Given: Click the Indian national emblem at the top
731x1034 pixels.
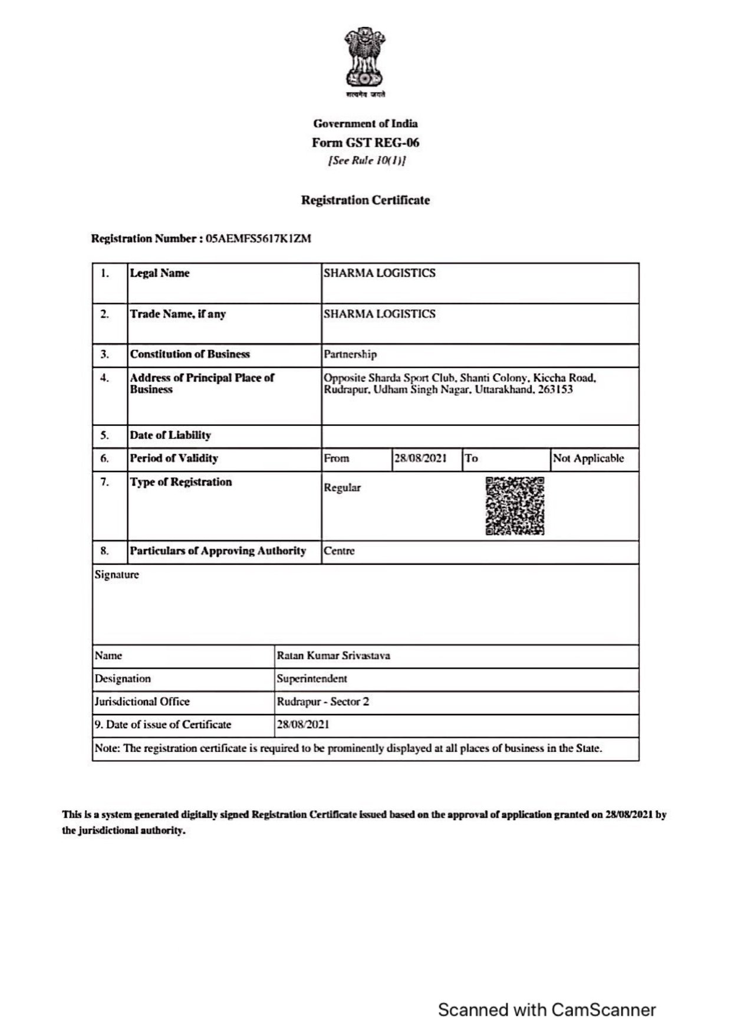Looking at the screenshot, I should (x=365, y=59).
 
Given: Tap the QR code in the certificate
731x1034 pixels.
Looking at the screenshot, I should (x=515, y=506).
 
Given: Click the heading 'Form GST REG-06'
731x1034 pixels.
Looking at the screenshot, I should (x=365, y=143).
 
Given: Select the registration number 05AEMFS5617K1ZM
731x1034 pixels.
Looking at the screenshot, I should (x=258, y=239).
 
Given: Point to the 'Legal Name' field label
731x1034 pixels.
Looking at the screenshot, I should (x=160, y=273).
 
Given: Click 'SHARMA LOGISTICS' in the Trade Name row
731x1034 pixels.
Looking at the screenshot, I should (x=380, y=314).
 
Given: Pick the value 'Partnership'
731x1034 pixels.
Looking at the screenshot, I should (x=350, y=355).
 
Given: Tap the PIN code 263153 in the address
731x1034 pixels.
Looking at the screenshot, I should (x=555, y=389).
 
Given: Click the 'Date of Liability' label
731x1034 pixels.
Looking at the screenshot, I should (x=170, y=435).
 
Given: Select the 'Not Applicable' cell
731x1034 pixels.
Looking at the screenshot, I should (x=588, y=458).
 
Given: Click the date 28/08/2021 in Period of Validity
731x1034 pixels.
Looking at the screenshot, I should (x=420, y=458).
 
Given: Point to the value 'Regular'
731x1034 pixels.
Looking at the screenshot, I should (x=342, y=488).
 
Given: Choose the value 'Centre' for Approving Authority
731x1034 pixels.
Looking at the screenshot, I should (x=339, y=551).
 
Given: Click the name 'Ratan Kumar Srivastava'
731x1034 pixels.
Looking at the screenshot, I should (x=333, y=656).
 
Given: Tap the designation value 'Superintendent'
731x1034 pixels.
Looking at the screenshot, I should (x=312, y=679).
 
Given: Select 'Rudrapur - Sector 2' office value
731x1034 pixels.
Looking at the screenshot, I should (x=323, y=702).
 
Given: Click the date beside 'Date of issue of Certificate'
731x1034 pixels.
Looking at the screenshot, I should (x=303, y=725).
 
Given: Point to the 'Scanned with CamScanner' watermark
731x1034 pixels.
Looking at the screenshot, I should (x=546, y=1010).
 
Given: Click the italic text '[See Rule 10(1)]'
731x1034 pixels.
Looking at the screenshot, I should (x=367, y=161).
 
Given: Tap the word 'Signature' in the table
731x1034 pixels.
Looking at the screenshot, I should (x=117, y=575).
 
